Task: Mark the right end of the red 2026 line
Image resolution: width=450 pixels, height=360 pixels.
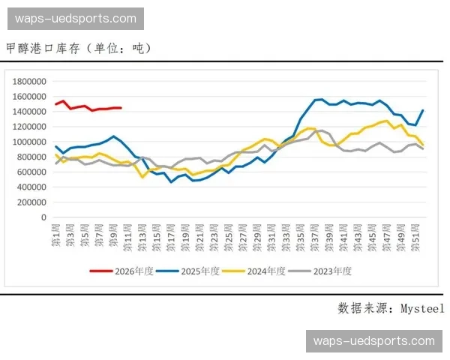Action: pyautogui.click(x=120, y=108)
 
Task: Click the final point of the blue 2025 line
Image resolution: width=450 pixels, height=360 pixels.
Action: pyautogui.click(x=423, y=110)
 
